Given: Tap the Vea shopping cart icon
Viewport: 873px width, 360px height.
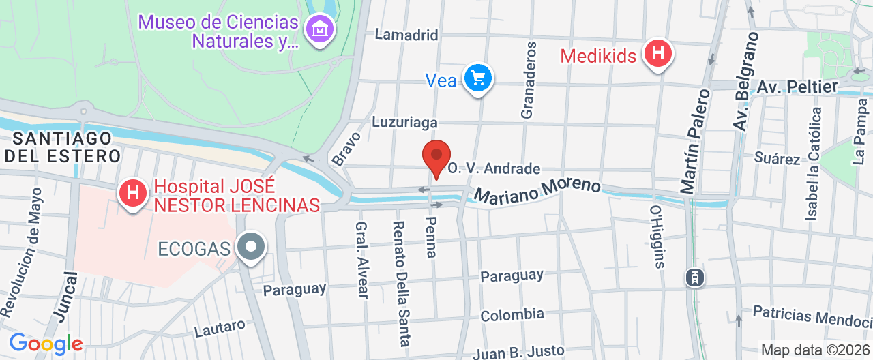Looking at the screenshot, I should pyautogui.click(x=477, y=79).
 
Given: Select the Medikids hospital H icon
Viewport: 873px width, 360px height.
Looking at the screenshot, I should pyautogui.click(x=658, y=54).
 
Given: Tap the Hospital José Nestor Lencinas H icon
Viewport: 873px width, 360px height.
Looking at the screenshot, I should pyautogui.click(x=132, y=194).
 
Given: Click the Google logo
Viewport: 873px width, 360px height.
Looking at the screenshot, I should pyautogui.click(x=45, y=343).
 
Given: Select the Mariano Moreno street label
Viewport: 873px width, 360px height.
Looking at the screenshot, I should pyautogui.click(x=537, y=191).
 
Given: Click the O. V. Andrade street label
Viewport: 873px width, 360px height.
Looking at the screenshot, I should pyautogui.click(x=494, y=168).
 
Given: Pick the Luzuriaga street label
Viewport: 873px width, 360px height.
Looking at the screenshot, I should pyautogui.click(x=404, y=122).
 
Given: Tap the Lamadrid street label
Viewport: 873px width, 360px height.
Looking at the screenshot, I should pyautogui.click(x=406, y=35).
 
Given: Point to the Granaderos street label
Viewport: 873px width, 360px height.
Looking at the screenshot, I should pyautogui.click(x=529, y=79).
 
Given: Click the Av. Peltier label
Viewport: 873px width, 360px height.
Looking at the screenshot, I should pyautogui.click(x=797, y=87).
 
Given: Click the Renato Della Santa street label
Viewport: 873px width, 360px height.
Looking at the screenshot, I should pyautogui.click(x=400, y=284).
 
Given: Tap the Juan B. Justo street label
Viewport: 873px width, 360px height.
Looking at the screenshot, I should pyautogui.click(x=518, y=352).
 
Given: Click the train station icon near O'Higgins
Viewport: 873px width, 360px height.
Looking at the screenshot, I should pyautogui.click(x=695, y=277).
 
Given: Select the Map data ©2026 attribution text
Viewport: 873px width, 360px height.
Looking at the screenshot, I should pyautogui.click(x=816, y=350).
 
